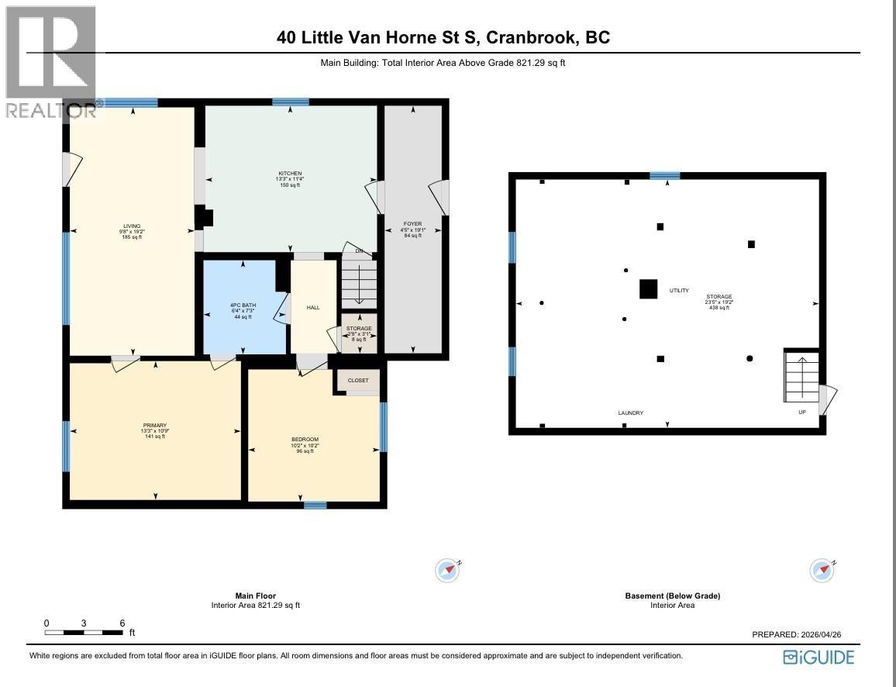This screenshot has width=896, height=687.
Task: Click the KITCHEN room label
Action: coord(290,173)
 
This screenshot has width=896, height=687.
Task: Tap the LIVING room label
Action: coord(131,226)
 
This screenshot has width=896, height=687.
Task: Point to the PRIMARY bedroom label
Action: coord(154,425)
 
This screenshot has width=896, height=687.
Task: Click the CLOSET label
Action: coord(358,381)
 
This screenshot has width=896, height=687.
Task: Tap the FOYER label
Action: coord(412,224)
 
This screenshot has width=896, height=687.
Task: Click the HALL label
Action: coord(313,308)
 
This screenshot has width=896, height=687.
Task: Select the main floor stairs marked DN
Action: coord(359,282)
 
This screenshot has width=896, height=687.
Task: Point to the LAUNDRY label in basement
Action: coord(630,413)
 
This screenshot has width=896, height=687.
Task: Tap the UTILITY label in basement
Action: coord(679,291)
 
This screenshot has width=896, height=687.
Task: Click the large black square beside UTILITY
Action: coord(648,288)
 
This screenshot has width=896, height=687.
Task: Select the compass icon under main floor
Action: coord(447,570)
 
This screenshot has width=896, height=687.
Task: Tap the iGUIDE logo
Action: coord(818,658)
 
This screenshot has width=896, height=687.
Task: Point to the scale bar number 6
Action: coord(122,623)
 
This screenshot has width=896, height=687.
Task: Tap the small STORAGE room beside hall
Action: coord(359,332)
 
